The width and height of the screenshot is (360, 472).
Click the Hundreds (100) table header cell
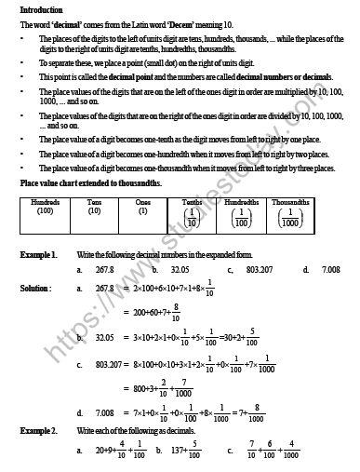click(46, 207)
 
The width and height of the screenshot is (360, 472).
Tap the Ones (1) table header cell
click(142, 207)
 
